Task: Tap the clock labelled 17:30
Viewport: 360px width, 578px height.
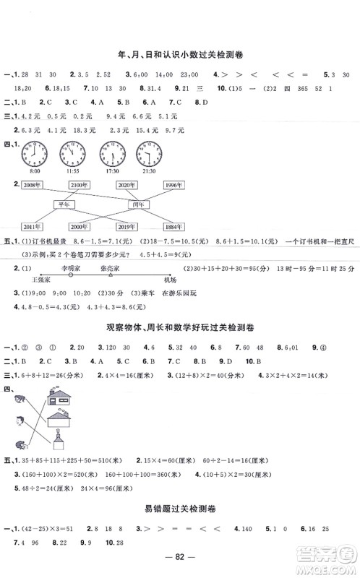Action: (x=111, y=152)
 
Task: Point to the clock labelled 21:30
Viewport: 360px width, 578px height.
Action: (x=150, y=152)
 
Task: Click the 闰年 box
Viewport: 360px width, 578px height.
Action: (x=136, y=204)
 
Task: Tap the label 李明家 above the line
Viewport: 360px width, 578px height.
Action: (x=72, y=265)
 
